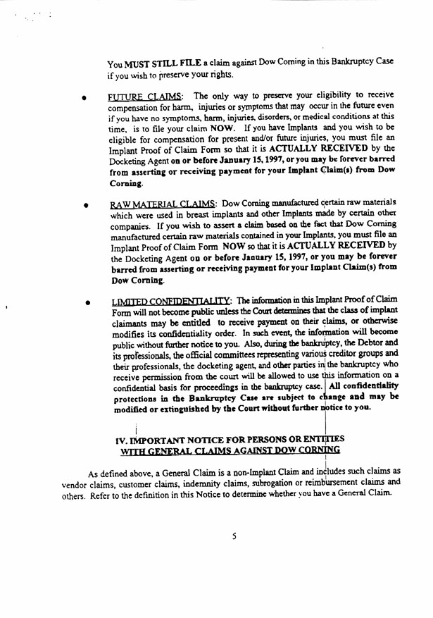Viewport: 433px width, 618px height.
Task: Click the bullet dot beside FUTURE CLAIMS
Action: click(84, 99)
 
